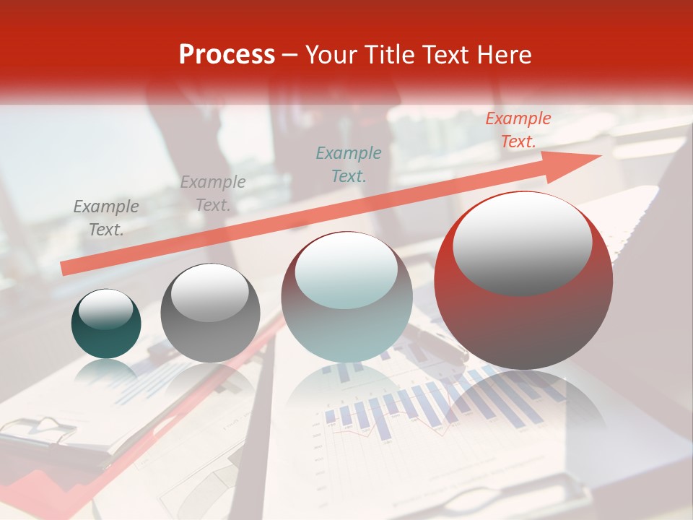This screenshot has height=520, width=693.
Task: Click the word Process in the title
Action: pos(227,55)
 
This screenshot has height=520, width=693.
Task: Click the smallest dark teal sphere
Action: pos(106,324)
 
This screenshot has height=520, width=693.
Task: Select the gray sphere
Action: pos(210,313)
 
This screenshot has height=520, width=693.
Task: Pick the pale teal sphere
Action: pos(346,297)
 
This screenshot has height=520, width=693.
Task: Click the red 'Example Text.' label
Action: pos(518,130)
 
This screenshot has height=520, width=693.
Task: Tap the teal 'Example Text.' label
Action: pos(349,164)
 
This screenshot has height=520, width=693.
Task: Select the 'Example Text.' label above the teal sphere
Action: pos(106,218)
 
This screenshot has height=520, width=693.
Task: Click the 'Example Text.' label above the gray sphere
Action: pos(213,193)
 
